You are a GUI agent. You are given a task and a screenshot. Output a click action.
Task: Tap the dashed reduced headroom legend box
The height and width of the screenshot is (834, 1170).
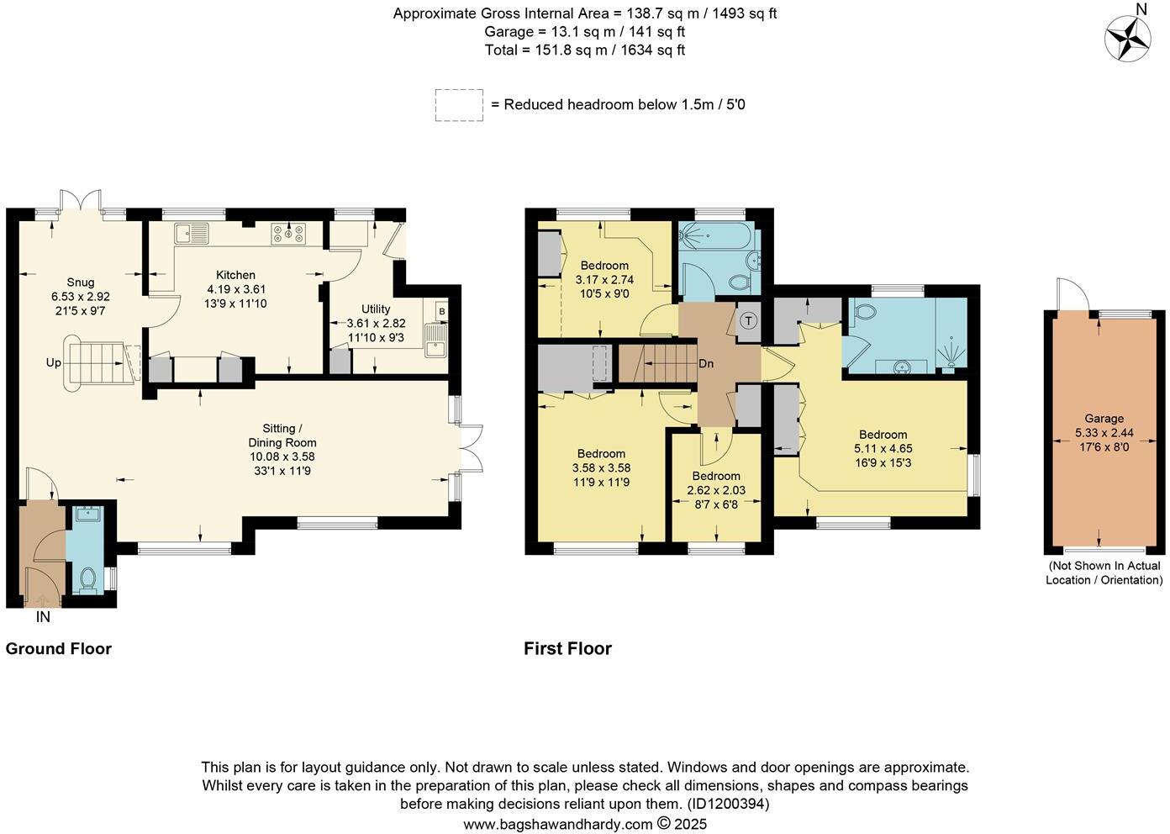(459, 105)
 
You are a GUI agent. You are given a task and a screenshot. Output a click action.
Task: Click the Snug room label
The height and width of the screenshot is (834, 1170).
(81, 282)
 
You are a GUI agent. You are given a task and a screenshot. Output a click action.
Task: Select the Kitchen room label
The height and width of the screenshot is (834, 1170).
(235, 275)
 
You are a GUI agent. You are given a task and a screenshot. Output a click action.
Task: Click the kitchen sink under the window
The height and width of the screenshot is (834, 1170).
(192, 233)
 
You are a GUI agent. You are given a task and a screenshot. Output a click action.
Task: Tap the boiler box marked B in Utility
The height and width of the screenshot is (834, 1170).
(440, 310)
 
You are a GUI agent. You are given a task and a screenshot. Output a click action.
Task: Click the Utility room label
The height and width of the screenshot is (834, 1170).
(376, 309)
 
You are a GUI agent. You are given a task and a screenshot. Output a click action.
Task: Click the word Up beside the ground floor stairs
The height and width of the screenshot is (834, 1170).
(54, 363)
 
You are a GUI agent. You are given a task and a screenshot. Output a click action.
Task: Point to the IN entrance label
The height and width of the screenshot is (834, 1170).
(43, 617)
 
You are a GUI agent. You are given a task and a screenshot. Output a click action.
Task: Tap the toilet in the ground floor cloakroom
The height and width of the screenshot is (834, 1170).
(87, 578)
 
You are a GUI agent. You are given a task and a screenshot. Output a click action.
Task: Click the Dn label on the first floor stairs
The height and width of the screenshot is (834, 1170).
(707, 364)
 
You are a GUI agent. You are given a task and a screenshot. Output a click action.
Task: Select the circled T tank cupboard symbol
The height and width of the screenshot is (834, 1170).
(748, 320)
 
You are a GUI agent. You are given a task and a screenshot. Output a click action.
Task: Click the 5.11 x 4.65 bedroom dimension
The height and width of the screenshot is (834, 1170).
(883, 449)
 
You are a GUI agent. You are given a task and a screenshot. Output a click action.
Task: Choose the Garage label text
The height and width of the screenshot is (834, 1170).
(1104, 418)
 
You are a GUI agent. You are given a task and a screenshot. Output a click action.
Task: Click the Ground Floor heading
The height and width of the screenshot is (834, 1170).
(59, 648)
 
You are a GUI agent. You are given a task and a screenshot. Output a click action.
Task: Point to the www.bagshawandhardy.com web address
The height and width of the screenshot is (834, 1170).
(558, 824)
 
